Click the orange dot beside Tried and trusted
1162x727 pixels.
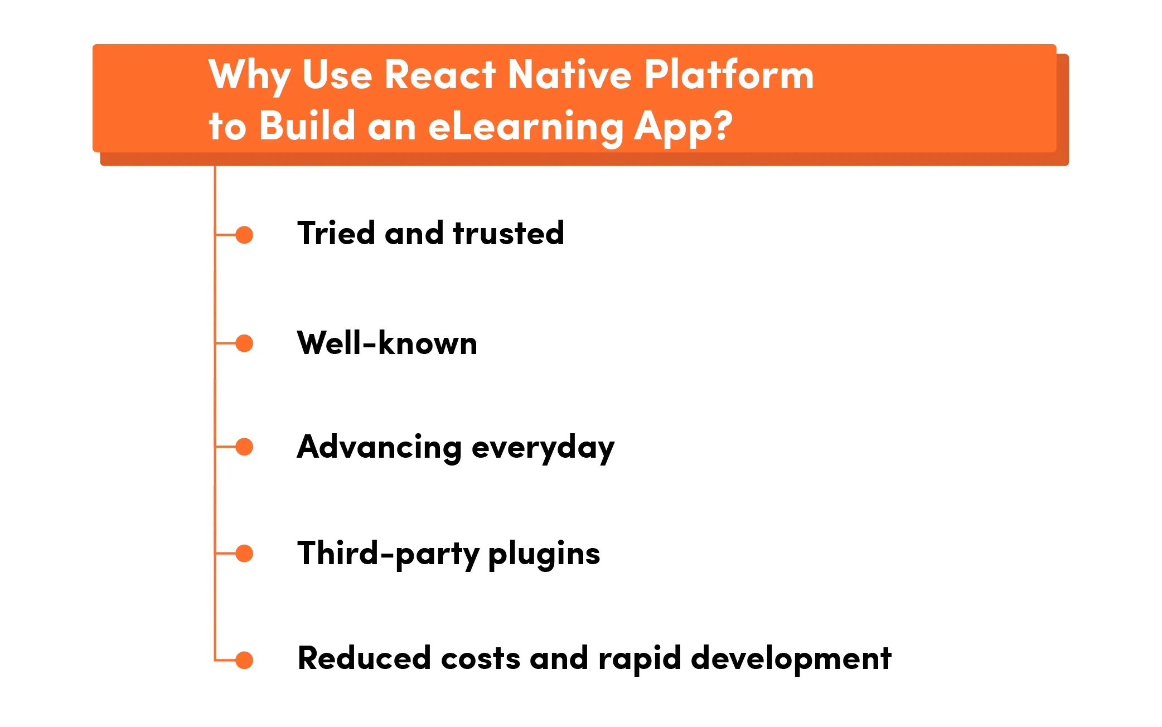(244, 235)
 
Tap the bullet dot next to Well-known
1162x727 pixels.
(244, 343)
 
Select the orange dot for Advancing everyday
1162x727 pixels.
(244, 447)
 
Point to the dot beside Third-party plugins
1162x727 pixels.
(244, 553)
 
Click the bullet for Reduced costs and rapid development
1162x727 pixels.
(244, 660)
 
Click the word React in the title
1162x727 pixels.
(440, 75)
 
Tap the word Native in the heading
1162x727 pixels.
(569, 75)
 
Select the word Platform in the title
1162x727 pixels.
(729, 75)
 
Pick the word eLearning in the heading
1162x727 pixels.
(525, 126)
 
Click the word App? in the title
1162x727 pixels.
(683, 127)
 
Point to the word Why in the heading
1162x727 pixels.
(249, 76)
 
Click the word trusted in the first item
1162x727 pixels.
(508, 233)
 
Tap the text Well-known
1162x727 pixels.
(387, 343)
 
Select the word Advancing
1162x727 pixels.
(379, 447)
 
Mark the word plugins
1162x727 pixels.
(544, 554)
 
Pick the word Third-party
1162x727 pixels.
(388, 554)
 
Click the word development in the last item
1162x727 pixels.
(791, 659)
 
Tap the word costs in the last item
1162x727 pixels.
(481, 658)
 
